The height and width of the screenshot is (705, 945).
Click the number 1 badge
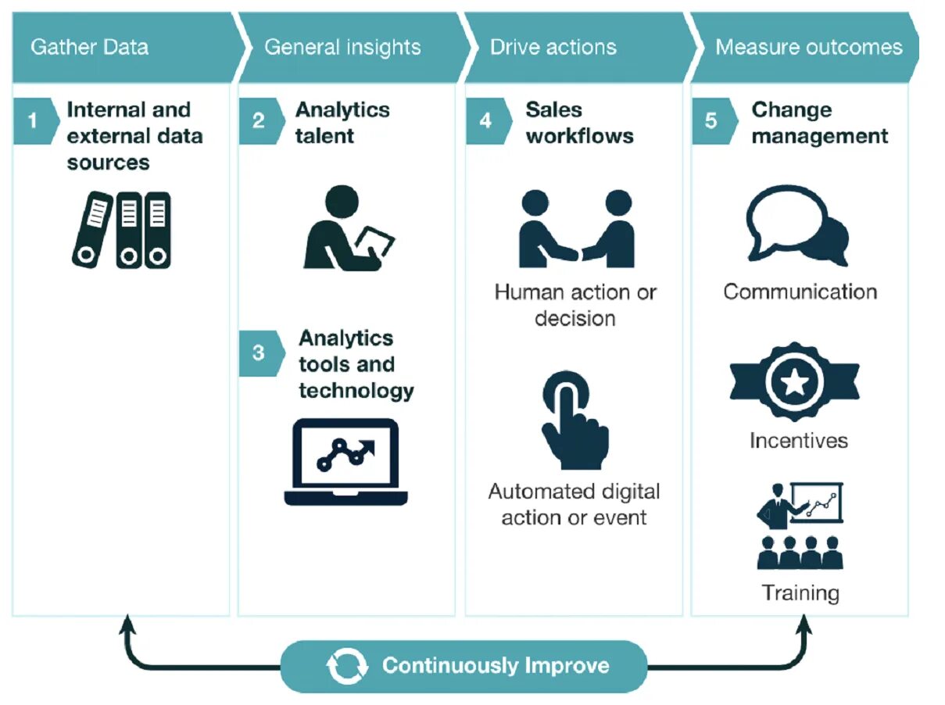(x=33, y=121)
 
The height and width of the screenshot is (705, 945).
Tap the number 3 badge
(x=259, y=352)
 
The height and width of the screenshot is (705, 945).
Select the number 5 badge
(x=711, y=121)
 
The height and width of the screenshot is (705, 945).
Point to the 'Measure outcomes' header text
(x=808, y=47)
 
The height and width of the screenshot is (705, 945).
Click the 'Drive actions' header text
(x=553, y=47)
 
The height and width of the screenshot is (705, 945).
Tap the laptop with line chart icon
(x=346, y=462)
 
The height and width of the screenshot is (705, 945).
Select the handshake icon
(x=576, y=230)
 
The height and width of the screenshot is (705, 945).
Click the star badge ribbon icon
(x=794, y=382)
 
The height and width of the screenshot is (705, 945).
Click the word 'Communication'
(x=800, y=292)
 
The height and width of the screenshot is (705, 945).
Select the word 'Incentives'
(x=798, y=440)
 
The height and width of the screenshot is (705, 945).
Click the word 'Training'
(x=800, y=592)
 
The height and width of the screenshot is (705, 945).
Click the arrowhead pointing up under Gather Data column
(x=127, y=624)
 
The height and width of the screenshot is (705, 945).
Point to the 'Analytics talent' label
(x=342, y=122)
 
